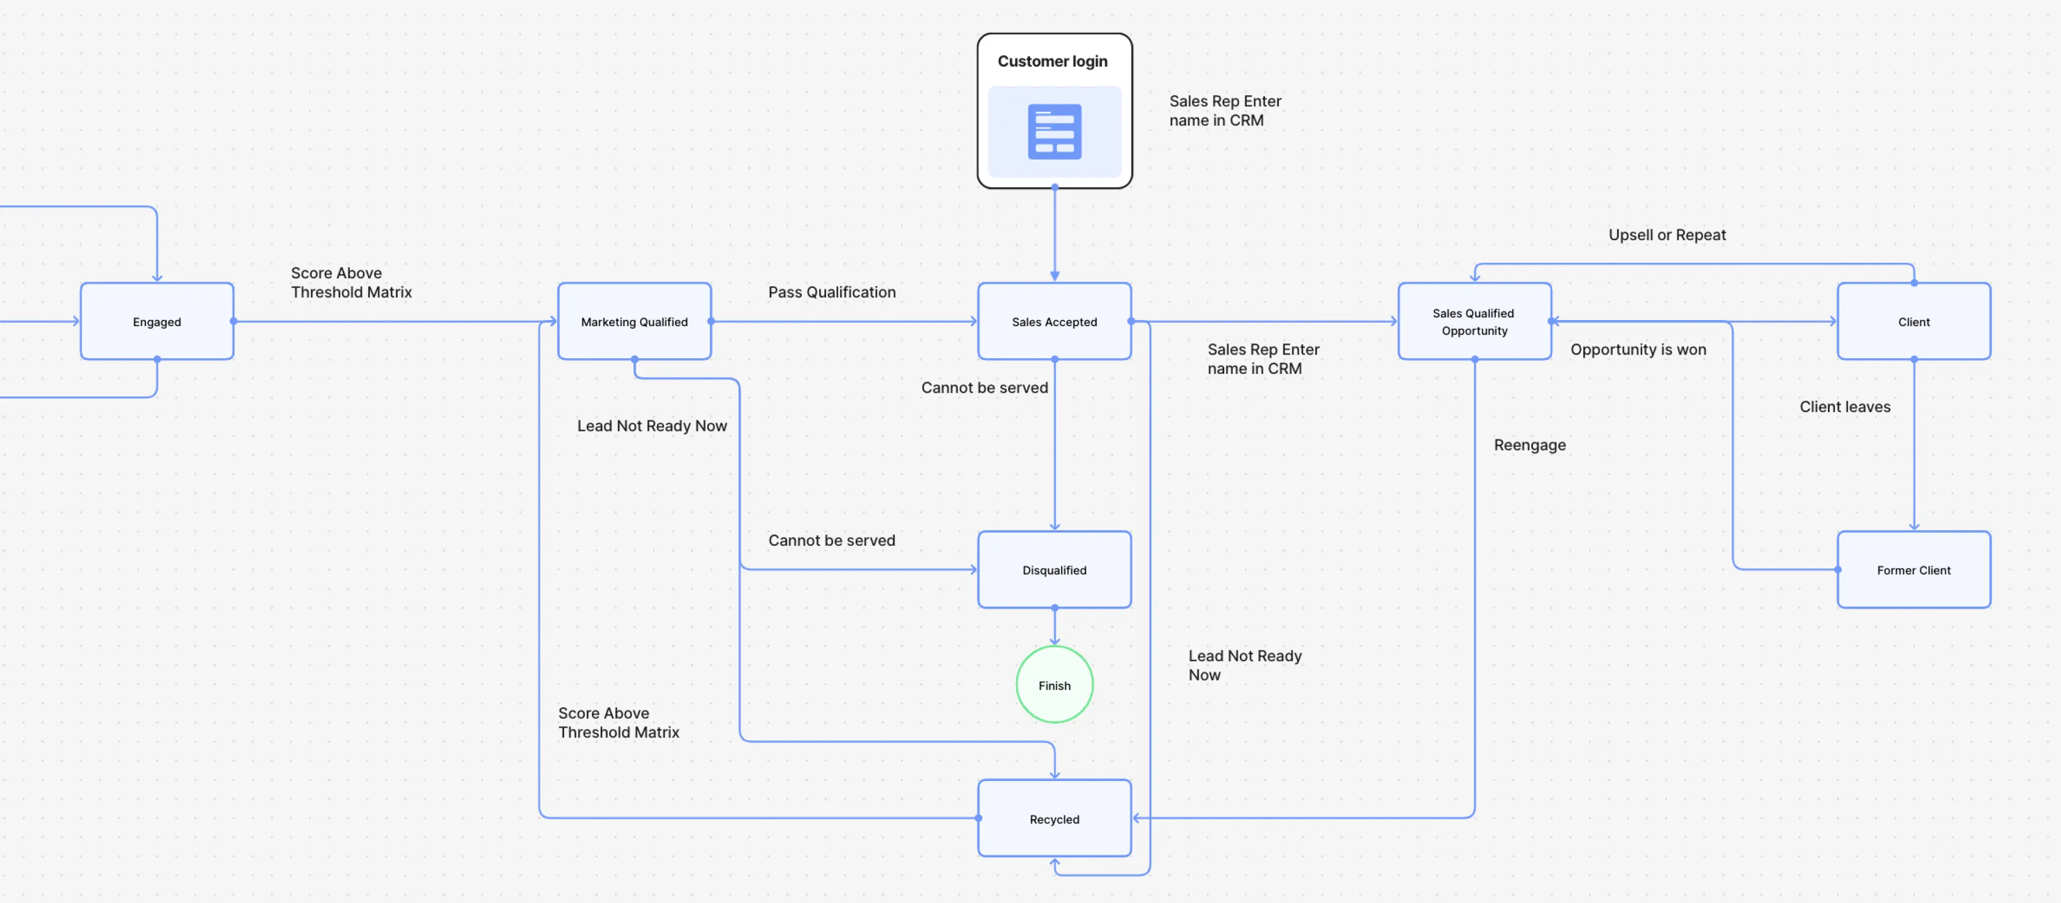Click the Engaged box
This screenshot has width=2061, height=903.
pos(157,322)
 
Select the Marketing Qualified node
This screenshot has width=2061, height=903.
pos(634,322)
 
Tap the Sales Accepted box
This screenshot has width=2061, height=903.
pos(1054,322)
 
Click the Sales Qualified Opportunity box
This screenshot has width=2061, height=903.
pos(1474,322)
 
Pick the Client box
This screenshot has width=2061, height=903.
pos(1913,322)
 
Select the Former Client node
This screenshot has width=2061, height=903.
pos(1913,570)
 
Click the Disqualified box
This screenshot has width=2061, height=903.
pos(1054,570)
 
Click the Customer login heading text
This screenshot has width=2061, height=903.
pos(1052,62)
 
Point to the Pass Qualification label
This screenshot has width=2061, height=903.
pos(831,292)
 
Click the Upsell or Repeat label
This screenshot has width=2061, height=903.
pos(1667,235)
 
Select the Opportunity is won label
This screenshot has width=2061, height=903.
pos(1638,350)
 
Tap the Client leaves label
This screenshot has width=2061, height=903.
pos(1844,407)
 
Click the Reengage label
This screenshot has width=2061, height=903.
pos(1529,445)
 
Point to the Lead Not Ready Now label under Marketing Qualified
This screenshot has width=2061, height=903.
pos(651,426)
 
